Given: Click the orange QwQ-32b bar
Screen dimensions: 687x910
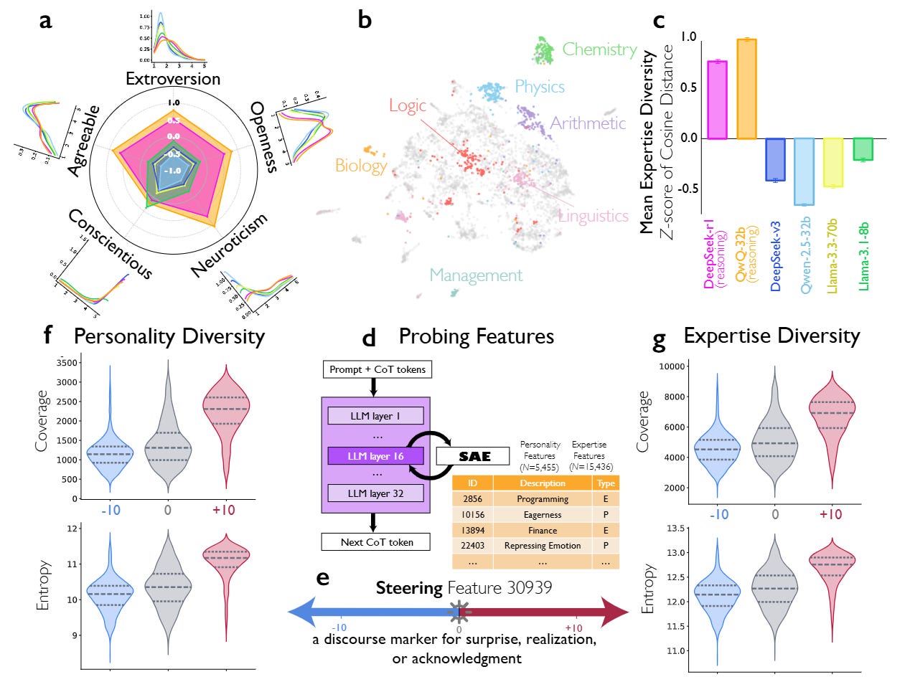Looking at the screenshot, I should pyautogui.click(x=746, y=89).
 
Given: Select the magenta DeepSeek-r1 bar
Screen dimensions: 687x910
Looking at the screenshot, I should pyautogui.click(x=717, y=100).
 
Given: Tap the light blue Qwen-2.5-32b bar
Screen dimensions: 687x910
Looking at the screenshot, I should pyautogui.click(x=804, y=171).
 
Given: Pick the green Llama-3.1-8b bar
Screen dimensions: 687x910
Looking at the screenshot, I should pyautogui.click(x=863, y=149).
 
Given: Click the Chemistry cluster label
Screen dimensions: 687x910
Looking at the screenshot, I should pyautogui.click(x=599, y=49).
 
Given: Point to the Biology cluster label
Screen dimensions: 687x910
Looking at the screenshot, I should pyautogui.click(x=361, y=166).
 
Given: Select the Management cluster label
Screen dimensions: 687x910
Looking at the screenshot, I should pyautogui.click(x=476, y=275).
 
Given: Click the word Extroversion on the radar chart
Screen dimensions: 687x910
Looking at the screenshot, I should pyautogui.click(x=173, y=79).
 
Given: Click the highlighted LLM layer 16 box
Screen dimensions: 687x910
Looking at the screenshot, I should pyautogui.click(x=375, y=456).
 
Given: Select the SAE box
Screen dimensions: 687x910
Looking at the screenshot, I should pyautogui.click(x=474, y=456).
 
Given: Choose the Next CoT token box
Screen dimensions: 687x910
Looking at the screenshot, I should pyautogui.click(x=377, y=542).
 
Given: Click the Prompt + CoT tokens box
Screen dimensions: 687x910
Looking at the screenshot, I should pyautogui.click(x=377, y=369).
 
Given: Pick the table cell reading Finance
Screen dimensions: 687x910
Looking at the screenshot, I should pyautogui.click(x=543, y=531).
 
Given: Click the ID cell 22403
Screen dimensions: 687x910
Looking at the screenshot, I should pyautogui.click(x=473, y=546).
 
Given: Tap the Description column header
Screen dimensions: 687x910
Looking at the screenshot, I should pyautogui.click(x=543, y=483).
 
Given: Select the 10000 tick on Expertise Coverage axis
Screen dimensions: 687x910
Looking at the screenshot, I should pyautogui.click(x=671, y=366).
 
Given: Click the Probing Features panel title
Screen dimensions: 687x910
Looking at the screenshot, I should pyautogui.click(x=477, y=336).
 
